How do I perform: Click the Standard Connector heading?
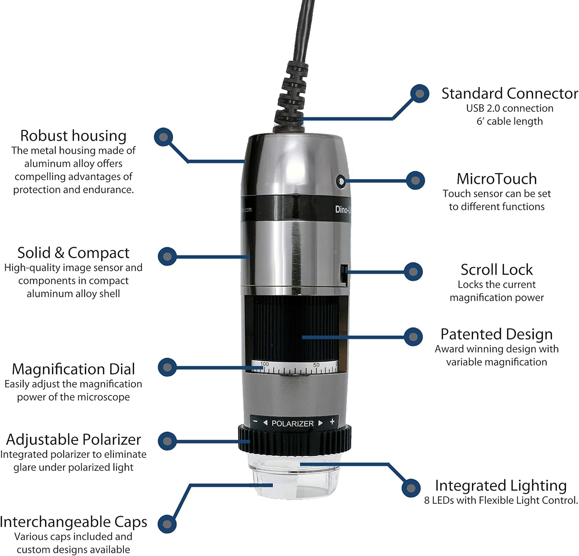pyautogui.click(x=510, y=94)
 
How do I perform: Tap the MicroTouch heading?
pyautogui.click(x=496, y=179)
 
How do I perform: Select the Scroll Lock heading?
pyautogui.click(x=496, y=270)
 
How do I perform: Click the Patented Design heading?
pyautogui.click(x=496, y=334)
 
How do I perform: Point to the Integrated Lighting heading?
pyautogui.click(x=501, y=485)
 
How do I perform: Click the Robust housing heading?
pyautogui.click(x=73, y=136)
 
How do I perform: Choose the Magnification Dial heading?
pyautogui.click(x=73, y=369)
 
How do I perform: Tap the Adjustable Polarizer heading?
pyautogui.click(x=73, y=440)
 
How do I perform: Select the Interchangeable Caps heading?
pyautogui.click(x=73, y=522)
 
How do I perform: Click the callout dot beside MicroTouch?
pyautogui.click(x=415, y=180)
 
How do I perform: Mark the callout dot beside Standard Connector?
pyautogui.click(x=420, y=94)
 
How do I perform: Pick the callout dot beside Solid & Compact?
pyautogui.click(x=167, y=256)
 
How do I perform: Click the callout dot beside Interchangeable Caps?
pyautogui.click(x=167, y=524)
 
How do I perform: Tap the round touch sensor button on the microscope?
pyautogui.click(x=340, y=181)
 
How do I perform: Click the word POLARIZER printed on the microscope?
pyautogui.click(x=293, y=423)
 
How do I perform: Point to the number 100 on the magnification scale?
pyautogui.click(x=264, y=364)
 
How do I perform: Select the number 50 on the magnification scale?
pyautogui.click(x=316, y=365)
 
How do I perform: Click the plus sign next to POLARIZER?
pyautogui.click(x=332, y=422)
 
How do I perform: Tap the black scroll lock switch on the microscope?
pyautogui.click(x=344, y=275)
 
